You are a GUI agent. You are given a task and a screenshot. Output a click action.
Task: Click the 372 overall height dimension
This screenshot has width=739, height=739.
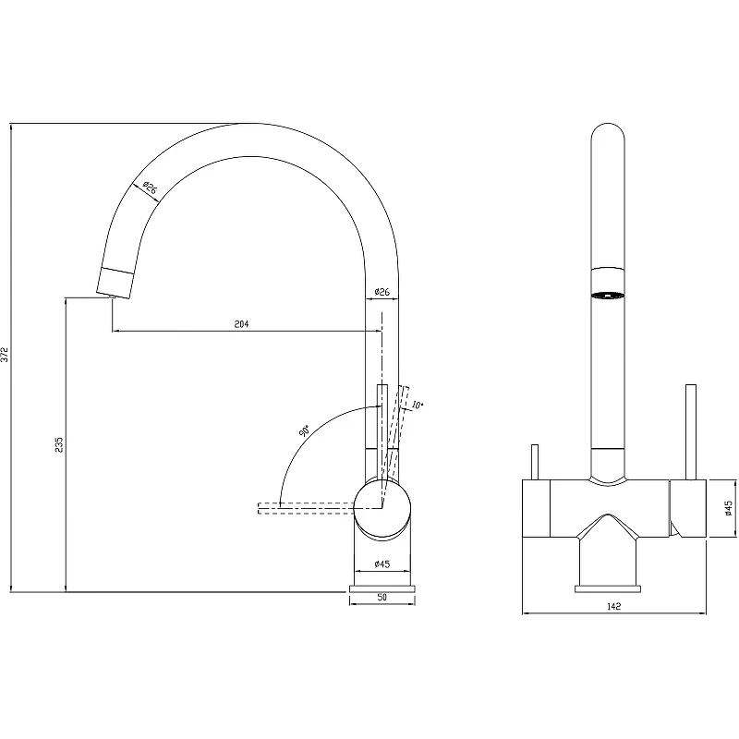coord(6,355)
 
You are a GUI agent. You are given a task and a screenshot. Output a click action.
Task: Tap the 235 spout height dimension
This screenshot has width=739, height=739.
coord(59,445)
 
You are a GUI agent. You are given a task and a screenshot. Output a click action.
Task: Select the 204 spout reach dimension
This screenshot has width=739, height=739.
coord(241,324)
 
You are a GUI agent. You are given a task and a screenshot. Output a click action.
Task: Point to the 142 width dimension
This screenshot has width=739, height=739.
coord(614,606)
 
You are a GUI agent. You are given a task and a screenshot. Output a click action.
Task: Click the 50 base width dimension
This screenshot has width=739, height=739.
coord(382,597)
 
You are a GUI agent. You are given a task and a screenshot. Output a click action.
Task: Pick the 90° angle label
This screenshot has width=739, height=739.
coord(304,431)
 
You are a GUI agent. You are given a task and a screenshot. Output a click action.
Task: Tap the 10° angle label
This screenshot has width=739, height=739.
coord(418,405)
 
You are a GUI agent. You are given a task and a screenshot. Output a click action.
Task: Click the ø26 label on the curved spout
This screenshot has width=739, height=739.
coord(149,188)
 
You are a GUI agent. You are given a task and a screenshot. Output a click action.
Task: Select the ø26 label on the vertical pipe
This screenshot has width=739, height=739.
coord(382,292)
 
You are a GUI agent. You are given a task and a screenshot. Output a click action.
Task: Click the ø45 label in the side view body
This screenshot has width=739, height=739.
coord(382,563)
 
